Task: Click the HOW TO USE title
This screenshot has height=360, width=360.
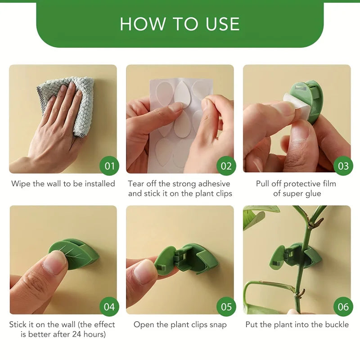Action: (x=180, y=24)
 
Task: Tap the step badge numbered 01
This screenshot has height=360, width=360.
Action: (x=109, y=166)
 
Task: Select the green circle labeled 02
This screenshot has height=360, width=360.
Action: (x=226, y=166)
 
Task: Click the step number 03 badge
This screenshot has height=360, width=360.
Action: (x=343, y=166)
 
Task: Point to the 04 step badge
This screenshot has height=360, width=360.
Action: (x=109, y=307)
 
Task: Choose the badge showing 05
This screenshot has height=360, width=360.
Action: (x=226, y=307)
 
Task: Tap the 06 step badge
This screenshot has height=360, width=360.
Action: (x=343, y=307)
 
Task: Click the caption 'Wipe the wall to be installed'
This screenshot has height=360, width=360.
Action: (x=63, y=184)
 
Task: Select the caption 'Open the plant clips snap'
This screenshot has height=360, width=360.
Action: (x=180, y=324)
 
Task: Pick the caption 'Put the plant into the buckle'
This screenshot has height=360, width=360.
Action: (x=297, y=324)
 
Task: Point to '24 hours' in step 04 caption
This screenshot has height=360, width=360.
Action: (x=89, y=334)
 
